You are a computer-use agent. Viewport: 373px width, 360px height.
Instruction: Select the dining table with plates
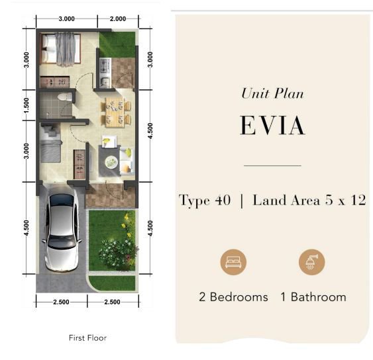115,112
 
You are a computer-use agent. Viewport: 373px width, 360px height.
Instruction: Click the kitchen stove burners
105,66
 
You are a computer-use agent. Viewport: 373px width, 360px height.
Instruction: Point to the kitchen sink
105,81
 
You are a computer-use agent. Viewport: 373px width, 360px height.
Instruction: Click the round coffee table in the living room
111,162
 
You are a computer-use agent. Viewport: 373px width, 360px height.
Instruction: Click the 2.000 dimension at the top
118,19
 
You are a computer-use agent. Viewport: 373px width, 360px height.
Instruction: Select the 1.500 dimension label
27,105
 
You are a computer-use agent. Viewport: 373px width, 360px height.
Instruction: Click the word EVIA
272,125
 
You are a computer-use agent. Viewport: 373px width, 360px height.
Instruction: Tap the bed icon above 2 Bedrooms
233,262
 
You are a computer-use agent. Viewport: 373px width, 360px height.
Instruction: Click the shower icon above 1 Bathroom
311,262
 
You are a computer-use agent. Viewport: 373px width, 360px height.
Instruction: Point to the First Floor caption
87,337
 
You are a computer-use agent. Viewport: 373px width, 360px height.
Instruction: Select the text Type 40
205,200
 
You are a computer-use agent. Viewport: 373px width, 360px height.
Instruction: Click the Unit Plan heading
272,93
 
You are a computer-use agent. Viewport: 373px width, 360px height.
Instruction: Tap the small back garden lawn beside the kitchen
117,45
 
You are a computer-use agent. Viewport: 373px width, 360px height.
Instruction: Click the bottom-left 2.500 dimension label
61,302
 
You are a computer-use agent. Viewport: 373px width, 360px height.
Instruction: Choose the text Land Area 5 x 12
309,200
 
